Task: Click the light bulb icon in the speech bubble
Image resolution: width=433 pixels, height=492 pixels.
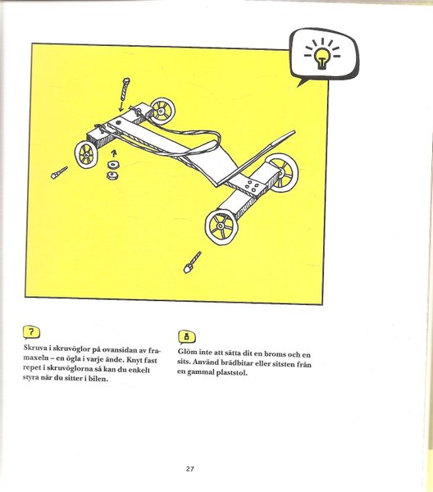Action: pyautogui.click(x=321, y=57)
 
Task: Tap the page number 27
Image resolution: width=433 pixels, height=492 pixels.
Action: pyautogui.click(x=189, y=469)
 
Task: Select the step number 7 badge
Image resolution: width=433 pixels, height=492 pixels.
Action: pyautogui.click(x=31, y=332)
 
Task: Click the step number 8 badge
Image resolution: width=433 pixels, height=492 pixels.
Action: pyautogui.click(x=187, y=337)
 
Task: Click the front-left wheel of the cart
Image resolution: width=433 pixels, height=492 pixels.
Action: pyautogui.click(x=85, y=154)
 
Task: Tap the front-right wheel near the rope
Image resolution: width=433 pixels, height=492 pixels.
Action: pyautogui.click(x=162, y=111)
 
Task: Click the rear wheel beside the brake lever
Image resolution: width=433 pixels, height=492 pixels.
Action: pyautogui.click(x=282, y=172)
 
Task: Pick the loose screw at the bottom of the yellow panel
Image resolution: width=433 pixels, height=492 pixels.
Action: pyautogui.click(x=192, y=262)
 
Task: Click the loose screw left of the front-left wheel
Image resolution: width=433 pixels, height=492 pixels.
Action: pyautogui.click(x=59, y=172)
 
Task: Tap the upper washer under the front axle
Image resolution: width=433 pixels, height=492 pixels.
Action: pyautogui.click(x=112, y=164)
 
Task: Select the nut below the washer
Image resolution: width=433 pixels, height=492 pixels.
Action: pyautogui.click(x=112, y=175)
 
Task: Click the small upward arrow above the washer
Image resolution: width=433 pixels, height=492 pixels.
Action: pyautogui.click(x=114, y=153)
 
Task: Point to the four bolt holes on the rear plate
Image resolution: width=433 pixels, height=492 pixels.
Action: pyautogui.click(x=253, y=186)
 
